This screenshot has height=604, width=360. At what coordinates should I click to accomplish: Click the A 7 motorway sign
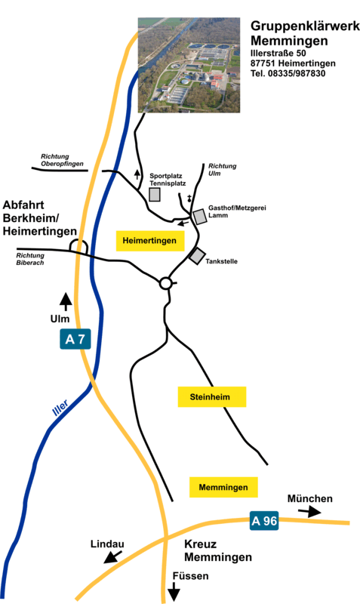pyautogui.click(x=75, y=339)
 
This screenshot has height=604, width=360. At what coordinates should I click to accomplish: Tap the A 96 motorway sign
pyautogui.click(x=264, y=521)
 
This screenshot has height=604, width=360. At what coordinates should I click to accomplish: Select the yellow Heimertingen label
pyautogui.click(x=149, y=241)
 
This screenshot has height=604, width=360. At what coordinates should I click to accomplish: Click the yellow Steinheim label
pyautogui.click(x=212, y=397)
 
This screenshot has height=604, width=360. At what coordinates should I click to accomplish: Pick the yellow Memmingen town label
pyautogui.click(x=223, y=487)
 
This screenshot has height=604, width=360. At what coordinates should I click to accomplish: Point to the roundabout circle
pyautogui.click(x=165, y=284)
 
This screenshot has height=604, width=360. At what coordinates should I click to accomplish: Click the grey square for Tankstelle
pyautogui.click(x=197, y=256)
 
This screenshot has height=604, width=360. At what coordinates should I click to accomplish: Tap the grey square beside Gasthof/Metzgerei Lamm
pyautogui.click(x=200, y=217)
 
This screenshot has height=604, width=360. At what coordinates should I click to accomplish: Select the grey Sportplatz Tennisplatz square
pyautogui.click(x=155, y=195)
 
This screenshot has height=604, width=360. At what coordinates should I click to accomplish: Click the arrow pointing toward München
pyautogui.click(x=310, y=512)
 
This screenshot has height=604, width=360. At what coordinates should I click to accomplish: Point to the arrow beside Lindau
pyautogui.click(x=112, y=557)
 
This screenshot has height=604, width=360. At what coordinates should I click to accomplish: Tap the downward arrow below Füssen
pyautogui.click(x=174, y=591)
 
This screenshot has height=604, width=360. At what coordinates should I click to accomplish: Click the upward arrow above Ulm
pyautogui.click(x=66, y=301)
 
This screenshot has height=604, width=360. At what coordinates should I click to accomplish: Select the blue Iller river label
pyautogui.click(x=60, y=408)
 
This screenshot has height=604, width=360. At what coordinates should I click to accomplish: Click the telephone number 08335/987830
pyautogui.click(x=297, y=73)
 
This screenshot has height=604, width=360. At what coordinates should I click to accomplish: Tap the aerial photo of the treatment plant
pyautogui.click(x=189, y=65)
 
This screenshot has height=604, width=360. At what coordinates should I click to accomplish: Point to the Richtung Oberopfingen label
pyautogui.click(x=62, y=160)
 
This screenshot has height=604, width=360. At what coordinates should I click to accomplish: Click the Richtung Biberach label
pyautogui.click(x=30, y=259)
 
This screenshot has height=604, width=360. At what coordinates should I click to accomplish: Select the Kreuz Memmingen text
pyautogui.click(x=218, y=550)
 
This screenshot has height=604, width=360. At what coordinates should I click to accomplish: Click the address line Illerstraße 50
pyautogui.click(x=278, y=53)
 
